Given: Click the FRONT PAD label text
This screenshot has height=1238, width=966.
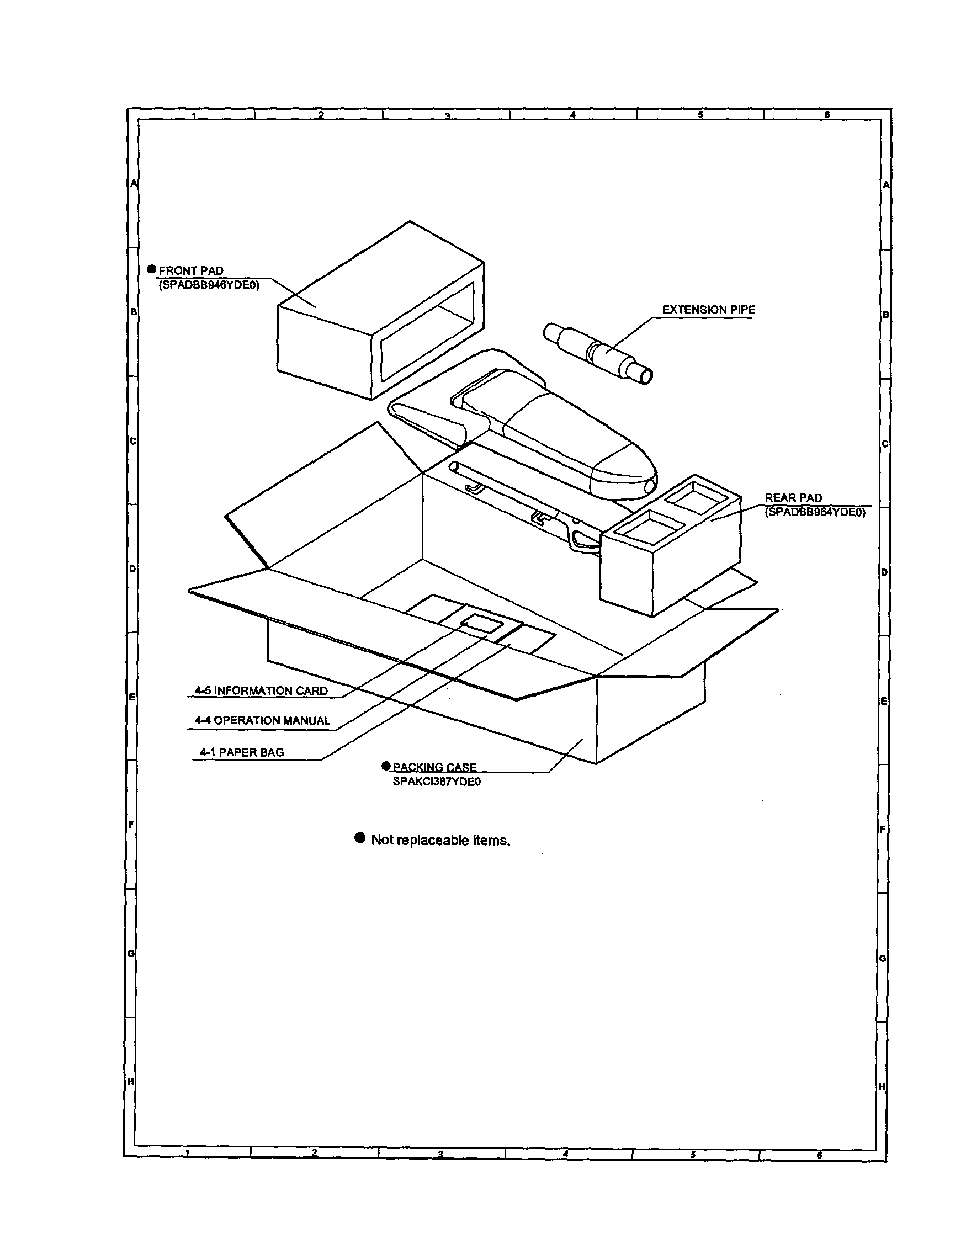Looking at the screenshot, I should point(191,271).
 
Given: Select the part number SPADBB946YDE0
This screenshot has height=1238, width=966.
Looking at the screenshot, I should point(209,285).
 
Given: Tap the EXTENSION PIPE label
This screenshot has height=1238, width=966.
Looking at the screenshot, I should point(708,310).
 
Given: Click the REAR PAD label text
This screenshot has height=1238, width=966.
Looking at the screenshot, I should point(793,498).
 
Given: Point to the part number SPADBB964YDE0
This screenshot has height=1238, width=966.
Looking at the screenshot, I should point(815,512).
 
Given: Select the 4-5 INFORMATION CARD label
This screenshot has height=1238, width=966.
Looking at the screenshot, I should point(261,690).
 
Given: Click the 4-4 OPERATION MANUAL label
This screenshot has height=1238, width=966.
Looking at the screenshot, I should point(262,720).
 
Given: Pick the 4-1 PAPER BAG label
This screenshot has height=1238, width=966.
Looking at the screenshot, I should point(242,752).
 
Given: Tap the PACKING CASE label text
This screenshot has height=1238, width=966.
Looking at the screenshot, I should point(434,767).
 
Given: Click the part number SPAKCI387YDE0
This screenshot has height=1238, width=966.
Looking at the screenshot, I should point(437,782).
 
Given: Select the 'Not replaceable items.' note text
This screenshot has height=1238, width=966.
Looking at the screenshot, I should point(440,840).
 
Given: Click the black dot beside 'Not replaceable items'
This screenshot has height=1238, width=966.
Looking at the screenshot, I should point(359,838).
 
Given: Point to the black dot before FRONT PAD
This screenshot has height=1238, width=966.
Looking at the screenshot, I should point(152,269).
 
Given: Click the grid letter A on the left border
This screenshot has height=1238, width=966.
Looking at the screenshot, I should point(134,183).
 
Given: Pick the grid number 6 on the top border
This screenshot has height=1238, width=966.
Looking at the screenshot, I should point(827,114).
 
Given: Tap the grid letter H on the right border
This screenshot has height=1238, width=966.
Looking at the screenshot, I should point(882,1086).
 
